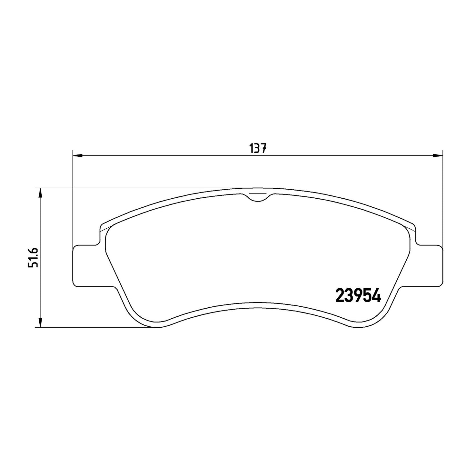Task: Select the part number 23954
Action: (x=358, y=295)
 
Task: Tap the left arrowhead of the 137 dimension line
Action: (x=77, y=155)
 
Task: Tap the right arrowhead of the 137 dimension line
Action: (x=438, y=155)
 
